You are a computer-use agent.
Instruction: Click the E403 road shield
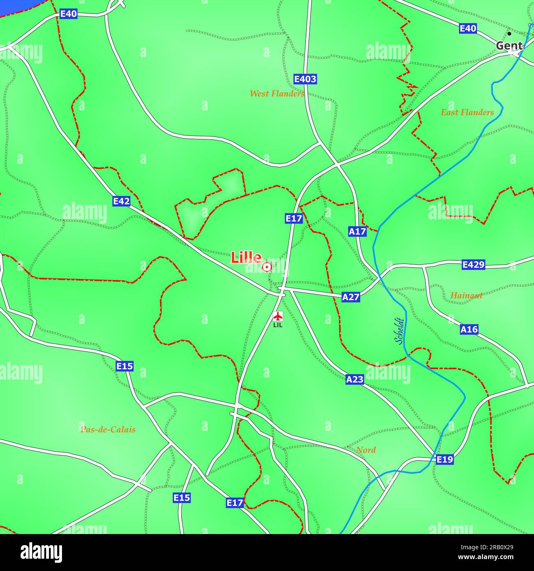coord(305,79)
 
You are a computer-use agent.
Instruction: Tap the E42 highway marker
coord(122,201)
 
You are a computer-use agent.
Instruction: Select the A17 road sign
coord(357,231)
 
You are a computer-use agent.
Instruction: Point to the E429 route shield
coord(474,265)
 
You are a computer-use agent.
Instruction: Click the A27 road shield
coord(351,297)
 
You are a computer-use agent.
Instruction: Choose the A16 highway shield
coord(469,329)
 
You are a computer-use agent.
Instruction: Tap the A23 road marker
coord(354,379)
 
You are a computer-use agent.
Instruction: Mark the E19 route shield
coord(444,459)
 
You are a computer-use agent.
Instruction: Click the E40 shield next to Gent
coord(468,28)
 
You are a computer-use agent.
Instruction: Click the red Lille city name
coord(246,258)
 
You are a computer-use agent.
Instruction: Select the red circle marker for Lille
coord(267,267)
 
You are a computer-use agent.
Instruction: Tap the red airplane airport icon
coord(278,316)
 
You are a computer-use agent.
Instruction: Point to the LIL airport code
coord(278,325)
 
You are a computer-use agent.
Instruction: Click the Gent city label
coord(509,46)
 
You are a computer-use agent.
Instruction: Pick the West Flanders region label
coord(277,94)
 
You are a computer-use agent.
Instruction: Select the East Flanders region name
coord(467,112)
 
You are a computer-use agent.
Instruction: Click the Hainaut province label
coord(466,295)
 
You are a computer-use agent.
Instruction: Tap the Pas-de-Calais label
coord(108,430)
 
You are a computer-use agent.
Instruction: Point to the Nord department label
coord(366,450)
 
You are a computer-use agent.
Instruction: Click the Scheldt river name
coord(399,332)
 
